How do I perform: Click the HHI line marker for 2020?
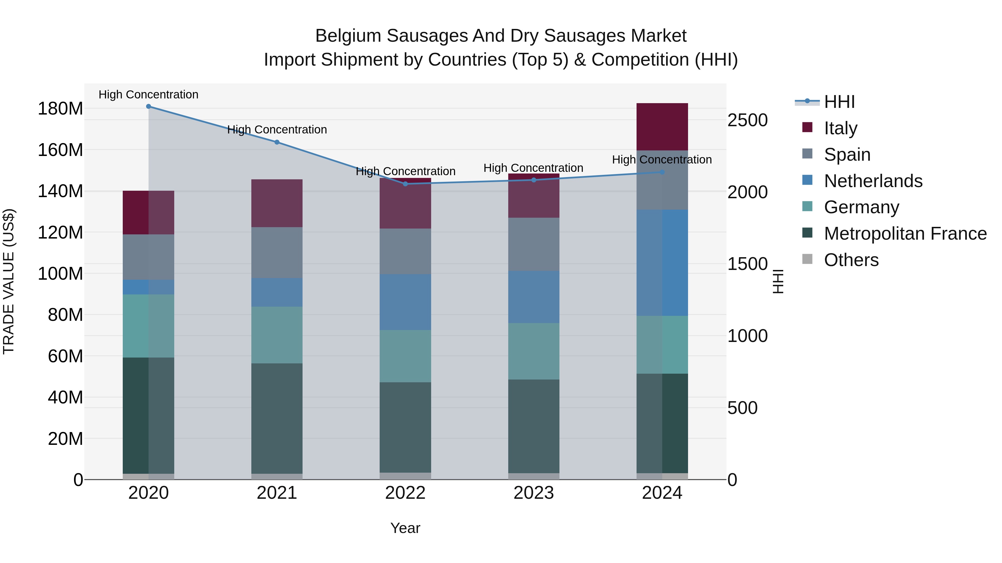pos(149,106)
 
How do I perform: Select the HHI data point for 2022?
pos(405,184)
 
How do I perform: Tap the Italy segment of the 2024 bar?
pos(662,127)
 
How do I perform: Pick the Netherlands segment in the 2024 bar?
pos(662,263)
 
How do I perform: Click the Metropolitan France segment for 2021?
pos(277,418)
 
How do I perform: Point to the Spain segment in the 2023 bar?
pos(534,244)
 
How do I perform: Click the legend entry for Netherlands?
pos(873,181)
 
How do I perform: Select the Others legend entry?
pos(851,260)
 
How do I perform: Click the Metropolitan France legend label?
pos(905,234)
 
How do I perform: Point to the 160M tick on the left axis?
pos(60,150)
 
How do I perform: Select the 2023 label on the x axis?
pos(534,493)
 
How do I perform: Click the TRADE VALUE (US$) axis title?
pos(9,281)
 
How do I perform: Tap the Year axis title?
pos(405,528)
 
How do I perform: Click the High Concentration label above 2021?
pos(277,130)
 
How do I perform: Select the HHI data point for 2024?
pos(662,172)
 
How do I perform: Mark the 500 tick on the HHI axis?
pos(742,408)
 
